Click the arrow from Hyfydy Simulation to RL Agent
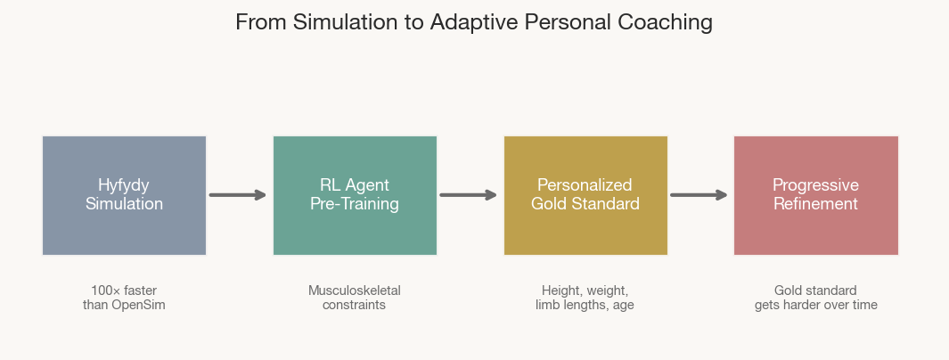click(238, 195)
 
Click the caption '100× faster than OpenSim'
click(124, 298)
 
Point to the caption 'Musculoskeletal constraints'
click(355, 298)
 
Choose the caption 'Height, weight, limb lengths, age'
click(585, 298)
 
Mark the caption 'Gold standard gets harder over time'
click(815, 298)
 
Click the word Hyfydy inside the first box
click(124, 185)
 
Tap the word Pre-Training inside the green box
click(355, 204)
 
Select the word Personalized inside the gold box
click(585, 185)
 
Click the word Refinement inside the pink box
click(815, 204)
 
